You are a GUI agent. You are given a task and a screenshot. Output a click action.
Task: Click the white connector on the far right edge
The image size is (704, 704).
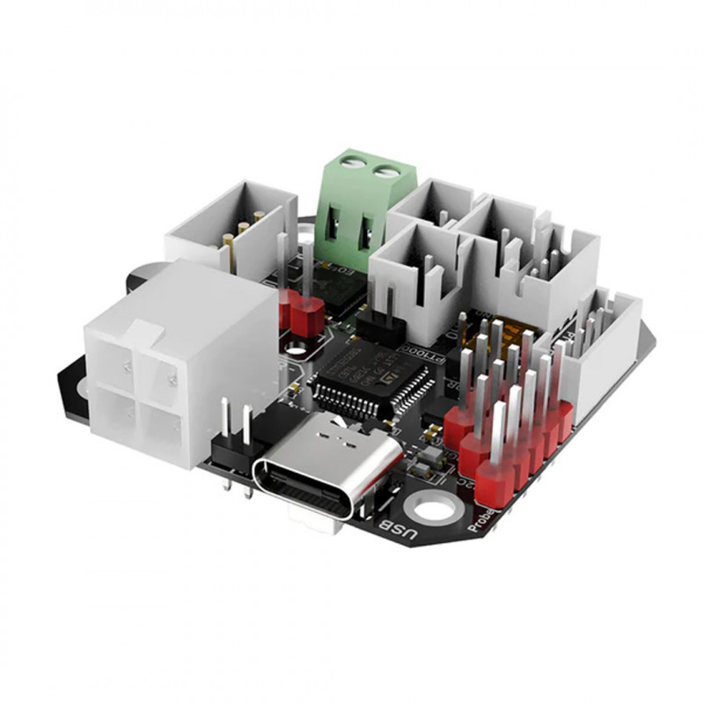point(607,339)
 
